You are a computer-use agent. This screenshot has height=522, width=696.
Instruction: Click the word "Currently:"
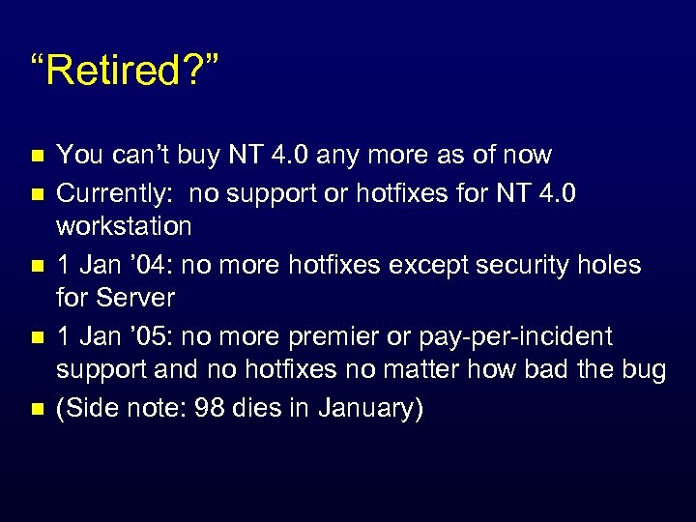(x=116, y=193)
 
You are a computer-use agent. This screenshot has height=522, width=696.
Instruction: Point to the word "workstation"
(x=124, y=226)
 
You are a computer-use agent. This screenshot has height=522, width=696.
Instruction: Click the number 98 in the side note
(x=209, y=408)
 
